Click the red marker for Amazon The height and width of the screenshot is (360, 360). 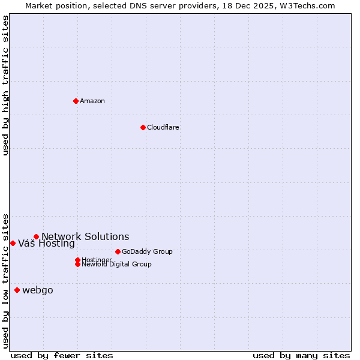coord(76,101)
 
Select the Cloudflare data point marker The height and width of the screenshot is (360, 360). coord(143,127)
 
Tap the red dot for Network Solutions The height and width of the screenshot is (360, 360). coord(36,236)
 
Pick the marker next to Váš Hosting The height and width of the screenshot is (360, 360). coord(13,243)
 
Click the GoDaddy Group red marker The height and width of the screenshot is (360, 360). coord(118,251)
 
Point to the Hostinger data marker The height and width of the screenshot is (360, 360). coord(77,260)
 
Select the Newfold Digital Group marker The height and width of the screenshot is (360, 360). coord(77,264)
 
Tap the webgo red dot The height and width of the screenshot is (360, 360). coord(17,290)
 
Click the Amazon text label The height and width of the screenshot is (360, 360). coord(92,101)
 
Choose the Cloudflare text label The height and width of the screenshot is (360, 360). coord(163,127)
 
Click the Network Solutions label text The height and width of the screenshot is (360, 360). coord(85,236)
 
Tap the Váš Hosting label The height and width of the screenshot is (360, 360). coord(46,244)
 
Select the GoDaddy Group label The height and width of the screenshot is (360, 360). coord(147,251)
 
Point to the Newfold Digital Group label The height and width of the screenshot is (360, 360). coord(116,265)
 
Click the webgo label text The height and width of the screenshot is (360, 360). coord(38,290)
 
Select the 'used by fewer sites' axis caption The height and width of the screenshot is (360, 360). coord(62,355)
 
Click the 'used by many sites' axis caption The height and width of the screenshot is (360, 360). coord(301,355)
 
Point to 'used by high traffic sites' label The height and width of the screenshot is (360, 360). coord(5,85)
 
